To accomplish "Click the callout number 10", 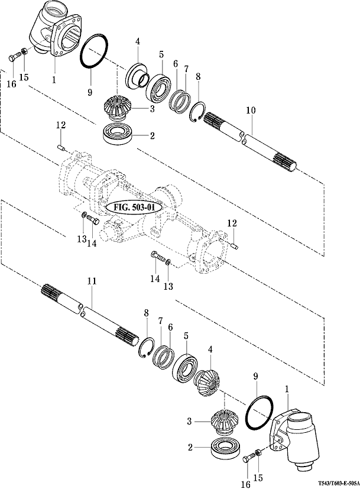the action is tap(250, 111).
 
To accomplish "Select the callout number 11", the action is tap(92, 281).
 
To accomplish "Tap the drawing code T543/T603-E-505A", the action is tap(338, 482).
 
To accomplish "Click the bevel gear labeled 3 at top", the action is tap(118, 108).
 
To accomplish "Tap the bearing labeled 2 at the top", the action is tap(118, 134).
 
